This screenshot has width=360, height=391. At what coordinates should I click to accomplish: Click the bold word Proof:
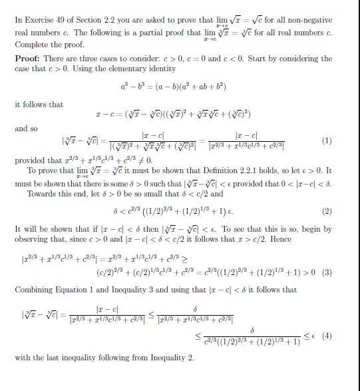[28, 59]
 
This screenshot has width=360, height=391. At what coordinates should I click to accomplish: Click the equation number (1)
[327, 141]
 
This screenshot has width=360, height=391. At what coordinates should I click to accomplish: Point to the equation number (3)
[327, 272]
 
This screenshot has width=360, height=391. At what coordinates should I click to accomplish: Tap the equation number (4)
[327, 336]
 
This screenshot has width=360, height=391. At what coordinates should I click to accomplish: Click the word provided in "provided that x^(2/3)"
[31, 161]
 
